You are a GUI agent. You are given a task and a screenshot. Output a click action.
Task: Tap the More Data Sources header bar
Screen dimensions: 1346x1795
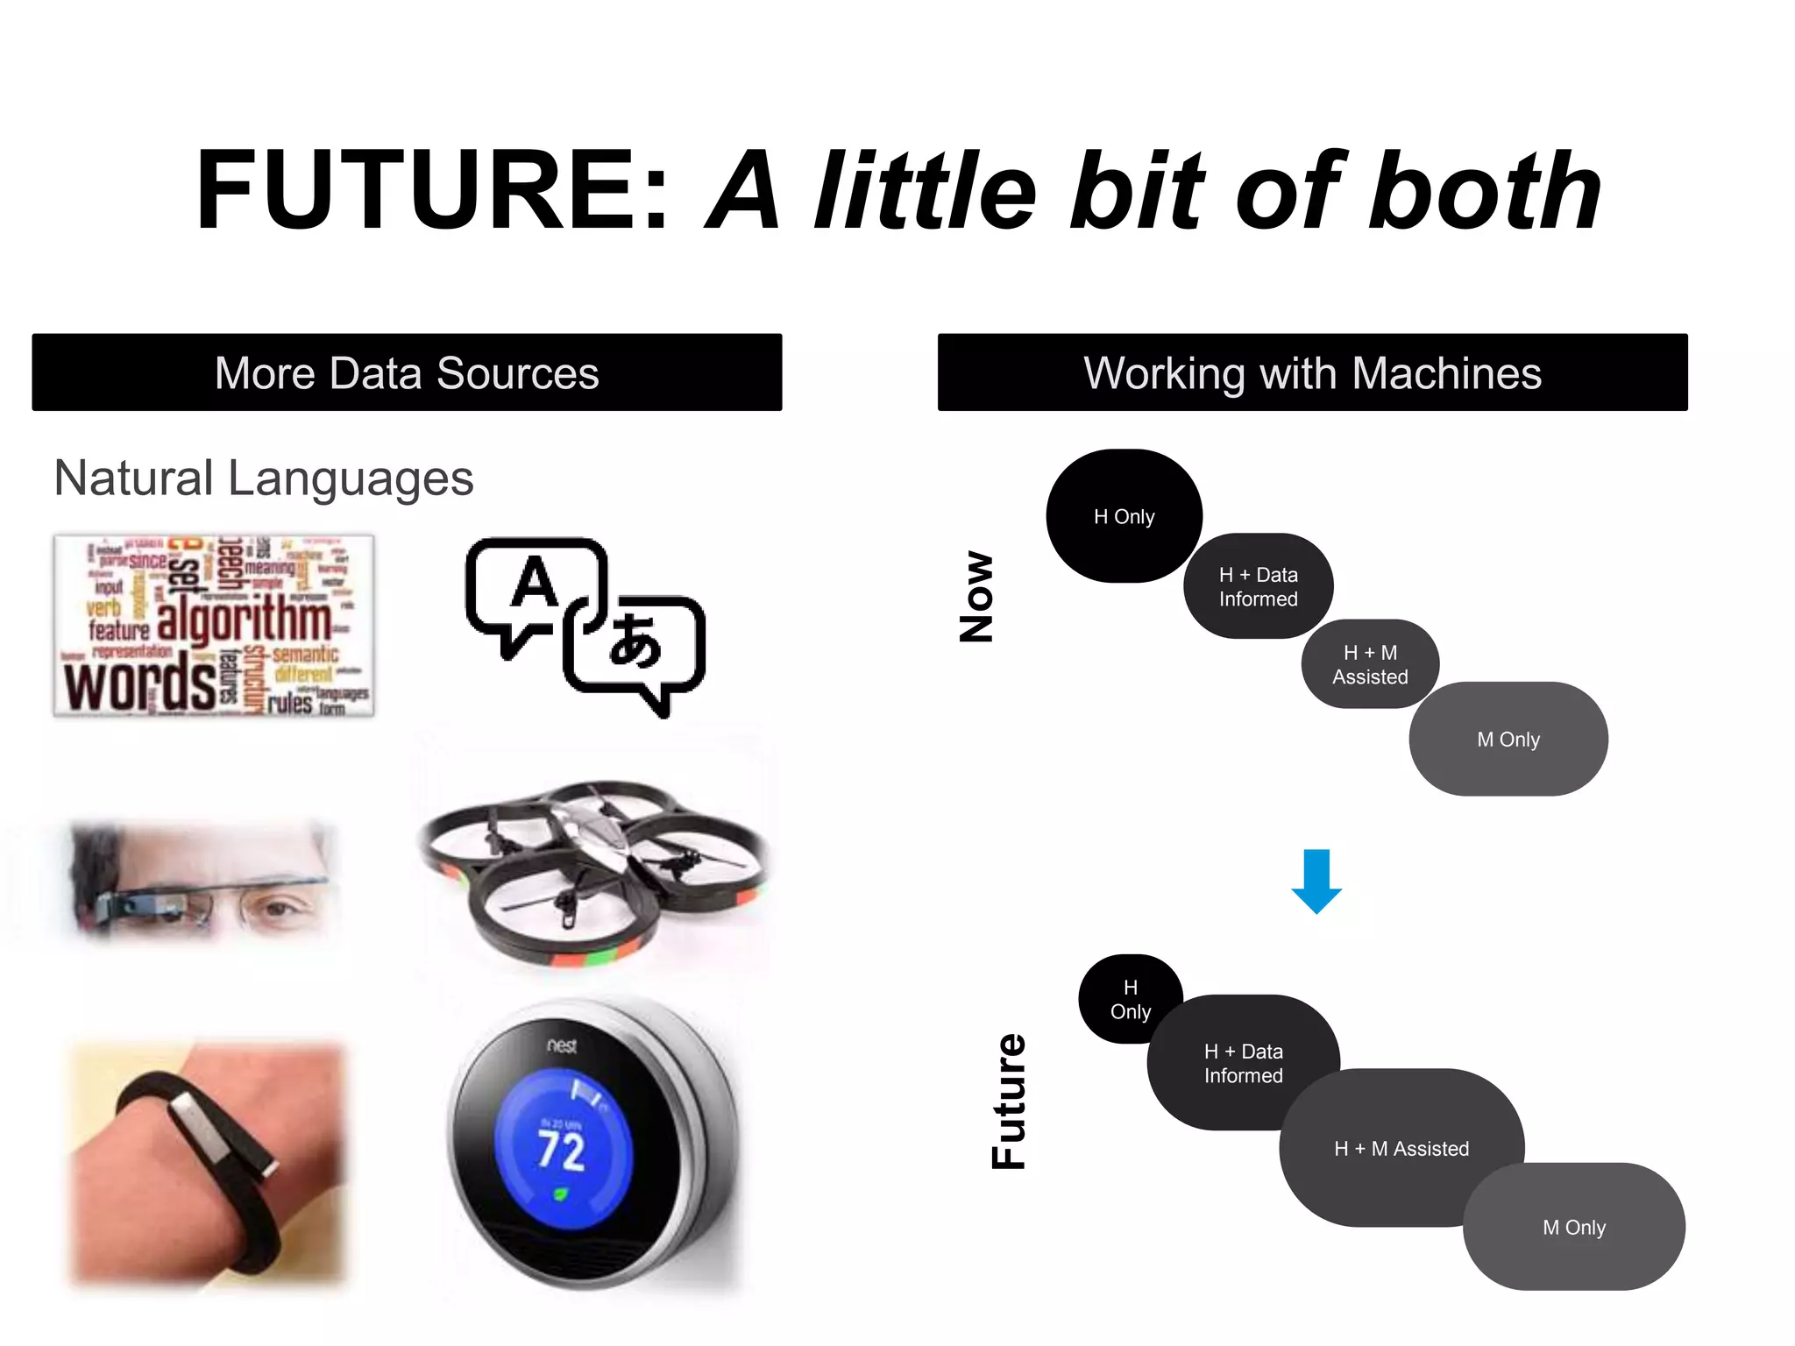(407, 372)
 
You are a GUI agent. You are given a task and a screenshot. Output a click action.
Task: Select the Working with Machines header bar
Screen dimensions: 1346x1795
(1312, 372)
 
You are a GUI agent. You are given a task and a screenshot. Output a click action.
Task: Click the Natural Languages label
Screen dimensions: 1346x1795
(264, 478)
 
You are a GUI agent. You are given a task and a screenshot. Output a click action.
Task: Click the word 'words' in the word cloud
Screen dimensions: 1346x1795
(140, 684)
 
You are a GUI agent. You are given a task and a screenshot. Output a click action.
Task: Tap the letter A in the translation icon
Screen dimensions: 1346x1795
(535, 583)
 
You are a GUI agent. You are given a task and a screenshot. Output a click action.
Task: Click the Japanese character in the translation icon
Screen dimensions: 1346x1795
(635, 642)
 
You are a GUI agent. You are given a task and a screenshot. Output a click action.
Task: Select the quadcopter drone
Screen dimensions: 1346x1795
(593, 868)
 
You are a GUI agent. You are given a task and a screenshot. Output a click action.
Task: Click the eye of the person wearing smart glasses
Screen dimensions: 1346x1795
(279, 909)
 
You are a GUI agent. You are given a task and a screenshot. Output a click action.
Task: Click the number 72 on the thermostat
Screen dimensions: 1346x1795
(561, 1151)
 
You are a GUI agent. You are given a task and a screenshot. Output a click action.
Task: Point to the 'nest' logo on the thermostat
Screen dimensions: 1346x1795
(562, 1045)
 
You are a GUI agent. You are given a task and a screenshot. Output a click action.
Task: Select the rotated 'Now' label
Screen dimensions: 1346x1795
(977, 597)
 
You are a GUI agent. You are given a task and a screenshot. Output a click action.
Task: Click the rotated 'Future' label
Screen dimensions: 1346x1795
(1009, 1101)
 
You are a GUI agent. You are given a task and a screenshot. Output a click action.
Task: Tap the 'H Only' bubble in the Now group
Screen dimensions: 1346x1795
(1124, 517)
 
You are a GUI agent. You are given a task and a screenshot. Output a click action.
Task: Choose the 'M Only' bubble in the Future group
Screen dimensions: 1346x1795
(1574, 1228)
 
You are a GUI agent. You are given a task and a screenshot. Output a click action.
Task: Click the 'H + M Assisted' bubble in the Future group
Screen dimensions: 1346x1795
(1401, 1149)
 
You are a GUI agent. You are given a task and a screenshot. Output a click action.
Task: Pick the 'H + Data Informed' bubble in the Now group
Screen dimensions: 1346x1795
(1258, 586)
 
